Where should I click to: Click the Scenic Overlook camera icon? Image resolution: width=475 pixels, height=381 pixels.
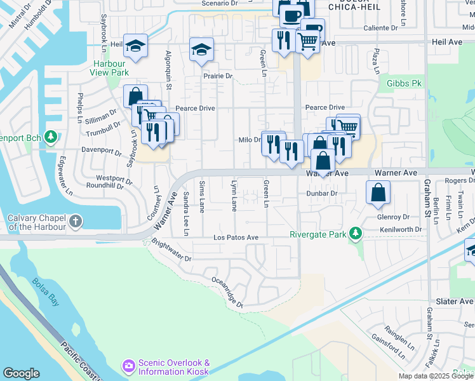coord(128,365)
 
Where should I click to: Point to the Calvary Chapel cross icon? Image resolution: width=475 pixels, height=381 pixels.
coord(76,222)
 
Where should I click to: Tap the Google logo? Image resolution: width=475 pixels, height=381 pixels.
coord(22,373)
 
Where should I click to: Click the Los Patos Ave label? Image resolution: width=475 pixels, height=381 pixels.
coord(236,237)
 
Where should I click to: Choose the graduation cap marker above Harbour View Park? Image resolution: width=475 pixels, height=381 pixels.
coord(135,46)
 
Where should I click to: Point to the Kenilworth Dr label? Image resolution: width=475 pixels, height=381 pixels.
coord(400,229)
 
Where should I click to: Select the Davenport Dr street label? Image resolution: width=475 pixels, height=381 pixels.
coord(102,151)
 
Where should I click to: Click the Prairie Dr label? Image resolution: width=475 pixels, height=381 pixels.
coord(218,76)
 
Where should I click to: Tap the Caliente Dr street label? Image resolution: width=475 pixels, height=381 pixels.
coord(385,29)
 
